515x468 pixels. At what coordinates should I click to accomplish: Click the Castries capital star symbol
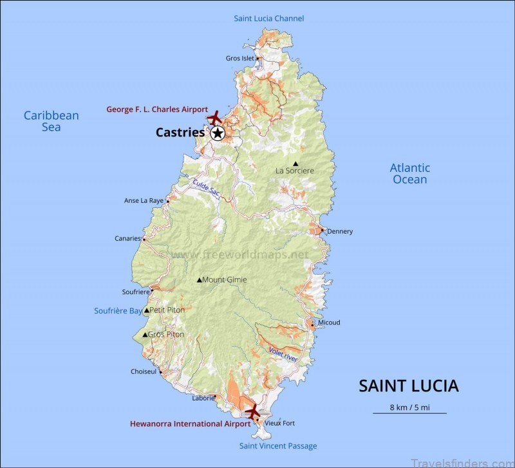tap(218, 133)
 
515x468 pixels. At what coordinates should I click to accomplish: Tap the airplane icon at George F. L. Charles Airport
tap(215, 118)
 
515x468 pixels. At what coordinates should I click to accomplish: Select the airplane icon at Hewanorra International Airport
tap(252, 410)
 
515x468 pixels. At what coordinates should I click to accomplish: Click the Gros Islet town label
tap(240, 59)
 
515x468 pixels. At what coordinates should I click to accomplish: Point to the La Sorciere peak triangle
tap(295, 164)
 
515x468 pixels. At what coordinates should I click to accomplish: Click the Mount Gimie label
tap(224, 280)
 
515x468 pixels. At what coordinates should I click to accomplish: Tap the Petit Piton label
tap(167, 310)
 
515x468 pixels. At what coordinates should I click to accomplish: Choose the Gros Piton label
tap(165, 335)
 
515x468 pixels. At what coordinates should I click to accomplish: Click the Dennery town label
tap(340, 232)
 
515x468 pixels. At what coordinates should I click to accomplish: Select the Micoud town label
tap(328, 323)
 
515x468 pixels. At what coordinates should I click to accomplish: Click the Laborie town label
tap(203, 398)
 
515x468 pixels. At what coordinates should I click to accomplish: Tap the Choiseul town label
tap(144, 372)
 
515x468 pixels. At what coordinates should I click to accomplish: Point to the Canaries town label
tap(127, 238)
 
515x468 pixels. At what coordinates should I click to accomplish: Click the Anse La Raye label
tap(144, 201)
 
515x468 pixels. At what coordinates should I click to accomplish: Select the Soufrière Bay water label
tap(118, 311)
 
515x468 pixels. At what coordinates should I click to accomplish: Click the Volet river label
tap(283, 353)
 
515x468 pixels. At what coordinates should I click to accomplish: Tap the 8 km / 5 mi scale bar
tap(409, 412)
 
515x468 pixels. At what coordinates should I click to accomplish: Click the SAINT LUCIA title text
tap(408, 386)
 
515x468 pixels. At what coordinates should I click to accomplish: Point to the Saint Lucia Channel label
tap(268, 19)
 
